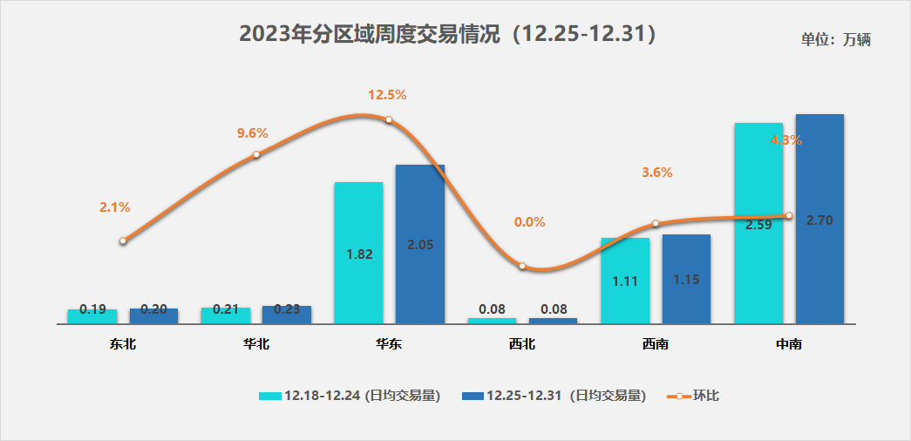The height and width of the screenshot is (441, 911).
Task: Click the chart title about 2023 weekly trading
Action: [446, 35]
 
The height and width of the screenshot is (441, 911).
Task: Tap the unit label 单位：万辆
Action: [835, 39]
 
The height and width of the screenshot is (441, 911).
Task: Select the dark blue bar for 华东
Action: [420, 244]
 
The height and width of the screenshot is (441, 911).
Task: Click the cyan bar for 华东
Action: [358, 253]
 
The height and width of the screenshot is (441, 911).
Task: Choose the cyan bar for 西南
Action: [625, 280]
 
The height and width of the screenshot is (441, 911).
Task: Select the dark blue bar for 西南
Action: [686, 279]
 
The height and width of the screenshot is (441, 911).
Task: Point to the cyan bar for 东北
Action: [92, 315]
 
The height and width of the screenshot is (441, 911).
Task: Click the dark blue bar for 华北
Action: [287, 314]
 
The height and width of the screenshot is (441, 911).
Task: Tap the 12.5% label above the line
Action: [388, 94]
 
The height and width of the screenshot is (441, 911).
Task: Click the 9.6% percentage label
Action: [253, 133]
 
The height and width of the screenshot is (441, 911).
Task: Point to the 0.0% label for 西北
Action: [529, 222]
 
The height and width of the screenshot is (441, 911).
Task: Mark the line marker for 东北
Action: [123, 241]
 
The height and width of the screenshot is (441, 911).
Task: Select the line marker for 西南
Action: [656, 224]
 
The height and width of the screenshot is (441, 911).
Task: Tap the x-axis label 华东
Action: [389, 344]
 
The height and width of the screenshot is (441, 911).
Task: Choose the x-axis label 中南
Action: [789, 344]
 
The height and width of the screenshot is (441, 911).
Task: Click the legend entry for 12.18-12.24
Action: [349, 396]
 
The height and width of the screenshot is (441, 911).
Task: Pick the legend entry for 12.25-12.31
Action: [553, 396]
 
